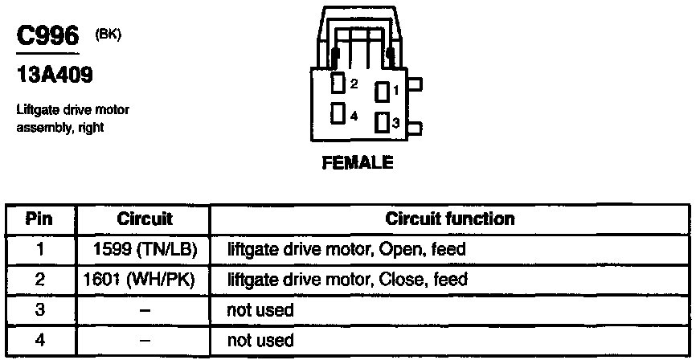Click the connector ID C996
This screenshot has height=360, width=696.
47,37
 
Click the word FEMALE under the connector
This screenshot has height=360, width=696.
358,162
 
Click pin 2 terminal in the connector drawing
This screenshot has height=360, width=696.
338,83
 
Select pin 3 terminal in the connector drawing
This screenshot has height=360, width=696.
382,123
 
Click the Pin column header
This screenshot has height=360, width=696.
39,219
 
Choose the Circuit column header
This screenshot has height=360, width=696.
145,219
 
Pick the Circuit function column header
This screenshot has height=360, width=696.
450,219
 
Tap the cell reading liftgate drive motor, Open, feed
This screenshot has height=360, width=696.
346,249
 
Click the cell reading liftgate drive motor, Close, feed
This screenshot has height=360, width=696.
348,280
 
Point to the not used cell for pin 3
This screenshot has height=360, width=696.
260,310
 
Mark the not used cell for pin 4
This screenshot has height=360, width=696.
260,341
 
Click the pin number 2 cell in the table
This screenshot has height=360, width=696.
39,280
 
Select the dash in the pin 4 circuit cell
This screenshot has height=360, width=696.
144,341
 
